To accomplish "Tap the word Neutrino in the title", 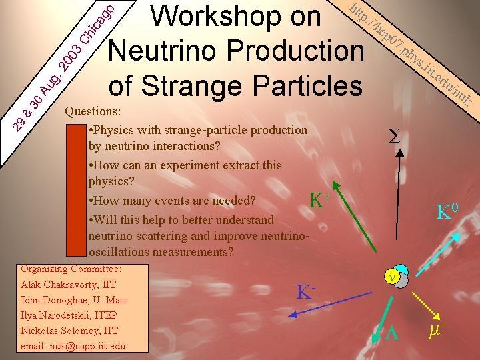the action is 162,51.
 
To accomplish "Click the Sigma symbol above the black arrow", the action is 394,136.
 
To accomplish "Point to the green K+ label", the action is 319,200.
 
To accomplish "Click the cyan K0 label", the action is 447,211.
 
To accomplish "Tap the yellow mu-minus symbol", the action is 438,331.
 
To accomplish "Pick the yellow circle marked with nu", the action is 392,277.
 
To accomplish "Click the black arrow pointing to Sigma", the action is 397,194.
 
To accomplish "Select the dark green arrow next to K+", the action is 354,217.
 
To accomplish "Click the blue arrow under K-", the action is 330,304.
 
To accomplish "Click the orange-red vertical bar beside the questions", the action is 76,190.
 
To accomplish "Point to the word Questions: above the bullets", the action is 93,111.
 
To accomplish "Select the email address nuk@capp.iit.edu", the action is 87,346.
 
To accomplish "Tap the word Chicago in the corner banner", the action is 97,24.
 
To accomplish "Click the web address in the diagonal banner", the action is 410,55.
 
